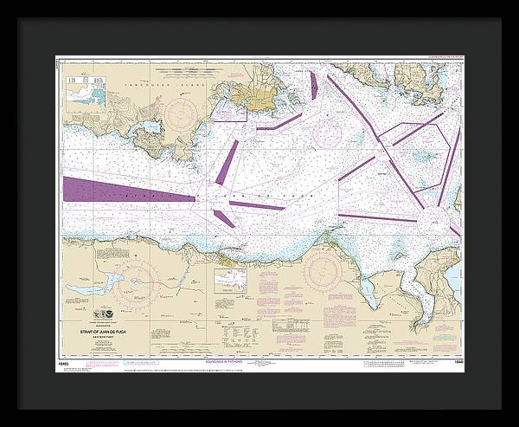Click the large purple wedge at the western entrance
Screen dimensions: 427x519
tap(121, 190)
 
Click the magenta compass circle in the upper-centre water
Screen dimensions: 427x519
tap(327, 131)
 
